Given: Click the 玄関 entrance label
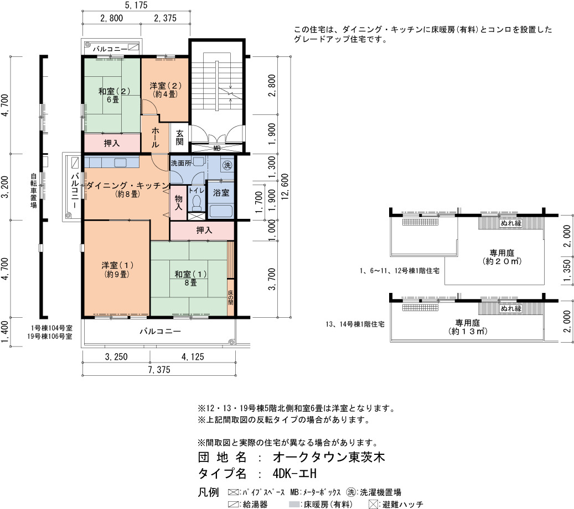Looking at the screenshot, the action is pyautogui.click(x=179, y=138).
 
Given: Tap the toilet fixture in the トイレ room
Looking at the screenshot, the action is pyautogui.click(x=196, y=203).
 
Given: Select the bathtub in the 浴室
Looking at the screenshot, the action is pyautogui.click(x=220, y=211).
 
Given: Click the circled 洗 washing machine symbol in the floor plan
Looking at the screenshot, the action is pyautogui.click(x=227, y=166).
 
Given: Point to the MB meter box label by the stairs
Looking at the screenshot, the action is pyautogui.click(x=217, y=148).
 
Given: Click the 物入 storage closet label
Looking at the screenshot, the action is pyautogui.click(x=178, y=202).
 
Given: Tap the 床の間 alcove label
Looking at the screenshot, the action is pyautogui.click(x=231, y=297).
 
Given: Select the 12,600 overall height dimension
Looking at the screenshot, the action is pyautogui.click(x=285, y=186).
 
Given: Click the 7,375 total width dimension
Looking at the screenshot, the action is pyautogui.click(x=159, y=370).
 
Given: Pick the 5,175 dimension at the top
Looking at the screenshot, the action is pyautogui.click(x=136, y=5).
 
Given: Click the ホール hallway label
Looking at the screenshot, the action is pyautogui.click(x=155, y=138).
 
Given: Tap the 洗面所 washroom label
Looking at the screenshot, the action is pyautogui.click(x=181, y=163).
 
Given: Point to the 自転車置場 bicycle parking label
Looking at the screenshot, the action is pyautogui.click(x=34, y=190).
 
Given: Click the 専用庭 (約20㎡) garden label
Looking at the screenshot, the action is pyautogui.click(x=502, y=257).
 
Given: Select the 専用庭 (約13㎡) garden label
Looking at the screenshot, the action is pyautogui.click(x=468, y=327).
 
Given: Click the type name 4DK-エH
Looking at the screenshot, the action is pyautogui.click(x=294, y=474).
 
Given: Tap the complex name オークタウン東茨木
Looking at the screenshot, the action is pyautogui.click(x=329, y=457).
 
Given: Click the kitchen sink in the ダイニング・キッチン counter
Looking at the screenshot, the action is pyautogui.click(x=121, y=162).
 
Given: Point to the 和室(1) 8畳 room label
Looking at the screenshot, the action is pyautogui.click(x=190, y=278).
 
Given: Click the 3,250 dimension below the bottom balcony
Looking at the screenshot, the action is pyautogui.click(x=116, y=356).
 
